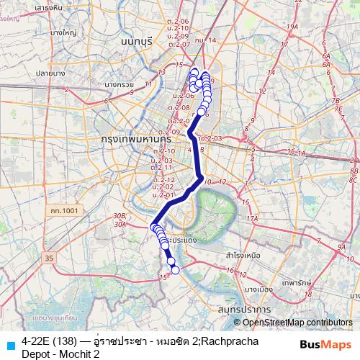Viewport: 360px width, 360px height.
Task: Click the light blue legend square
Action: (10, 345)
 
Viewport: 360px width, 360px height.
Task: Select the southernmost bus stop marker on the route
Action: (175, 270)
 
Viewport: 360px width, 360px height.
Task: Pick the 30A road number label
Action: (120, 224)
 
